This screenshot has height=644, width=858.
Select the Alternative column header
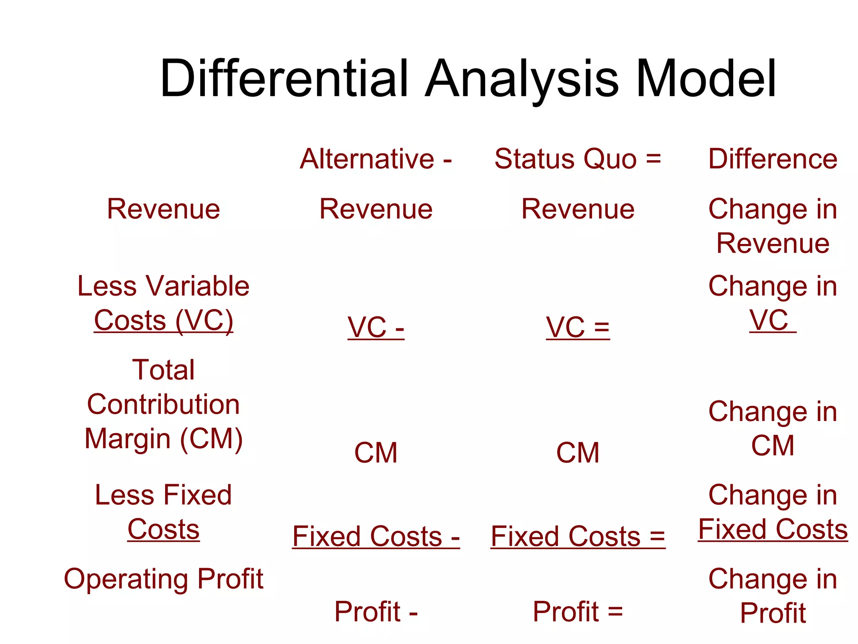pos(376,159)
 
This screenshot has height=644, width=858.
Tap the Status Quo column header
pos(577,159)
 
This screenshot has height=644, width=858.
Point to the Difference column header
pos(773,159)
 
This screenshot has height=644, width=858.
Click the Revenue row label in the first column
pos(163,209)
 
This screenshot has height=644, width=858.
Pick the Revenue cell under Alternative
pos(376,209)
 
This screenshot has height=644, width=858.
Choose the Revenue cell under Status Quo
pos(578,209)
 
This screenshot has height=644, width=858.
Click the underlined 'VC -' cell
pos(376,327)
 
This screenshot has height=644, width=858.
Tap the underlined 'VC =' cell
pos(578,327)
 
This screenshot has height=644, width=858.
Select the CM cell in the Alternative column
pos(376,453)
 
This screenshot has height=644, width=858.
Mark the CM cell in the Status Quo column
pos(578,453)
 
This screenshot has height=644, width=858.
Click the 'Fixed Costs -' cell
pos(376,536)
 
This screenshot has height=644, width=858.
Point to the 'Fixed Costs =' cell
pos(578,536)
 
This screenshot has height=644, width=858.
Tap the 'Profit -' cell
pos(376,611)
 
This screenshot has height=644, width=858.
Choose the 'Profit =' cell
pos(578,611)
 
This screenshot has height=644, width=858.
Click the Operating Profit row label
pos(163,579)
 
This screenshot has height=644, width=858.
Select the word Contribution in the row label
pos(163,405)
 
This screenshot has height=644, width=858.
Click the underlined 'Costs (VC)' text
pos(163,321)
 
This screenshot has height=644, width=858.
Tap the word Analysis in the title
pos(522,79)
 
